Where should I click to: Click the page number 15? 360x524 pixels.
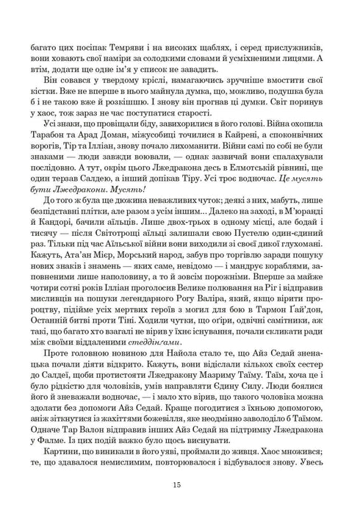coord(180,484)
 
